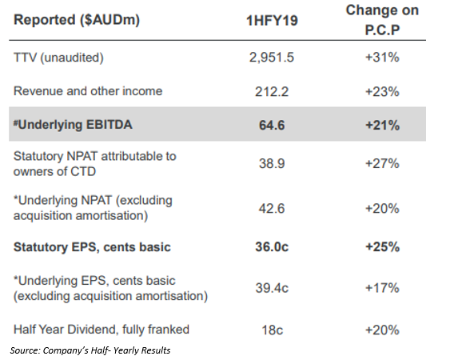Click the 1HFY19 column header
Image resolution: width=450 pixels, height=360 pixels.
(x=272, y=21)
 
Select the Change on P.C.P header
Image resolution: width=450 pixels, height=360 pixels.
(x=382, y=20)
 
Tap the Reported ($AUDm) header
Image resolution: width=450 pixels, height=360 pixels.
(x=77, y=20)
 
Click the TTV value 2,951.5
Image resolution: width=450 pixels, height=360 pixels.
(x=272, y=57)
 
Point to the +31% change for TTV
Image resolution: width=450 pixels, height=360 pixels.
(x=382, y=57)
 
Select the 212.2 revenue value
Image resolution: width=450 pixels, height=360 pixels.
(x=272, y=92)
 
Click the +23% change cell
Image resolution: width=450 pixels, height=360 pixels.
(x=382, y=92)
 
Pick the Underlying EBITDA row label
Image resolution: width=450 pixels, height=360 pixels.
(x=73, y=125)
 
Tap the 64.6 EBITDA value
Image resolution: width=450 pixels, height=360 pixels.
(x=272, y=126)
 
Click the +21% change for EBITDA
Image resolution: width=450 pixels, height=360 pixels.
(x=382, y=126)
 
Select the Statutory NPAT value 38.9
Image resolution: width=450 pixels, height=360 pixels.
(x=272, y=163)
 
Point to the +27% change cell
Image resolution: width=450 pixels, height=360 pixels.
(x=382, y=163)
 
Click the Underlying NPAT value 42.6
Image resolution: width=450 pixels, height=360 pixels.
(x=272, y=208)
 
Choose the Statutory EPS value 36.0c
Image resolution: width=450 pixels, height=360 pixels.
(x=272, y=246)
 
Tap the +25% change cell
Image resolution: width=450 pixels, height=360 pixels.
(x=382, y=246)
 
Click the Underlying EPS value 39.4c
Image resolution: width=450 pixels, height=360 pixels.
(x=272, y=288)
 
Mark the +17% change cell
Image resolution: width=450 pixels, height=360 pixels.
(x=382, y=288)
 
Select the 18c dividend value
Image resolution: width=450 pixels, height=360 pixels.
(x=272, y=330)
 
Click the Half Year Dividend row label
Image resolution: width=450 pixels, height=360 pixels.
(x=102, y=330)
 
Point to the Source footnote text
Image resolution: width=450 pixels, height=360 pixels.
(x=90, y=350)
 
